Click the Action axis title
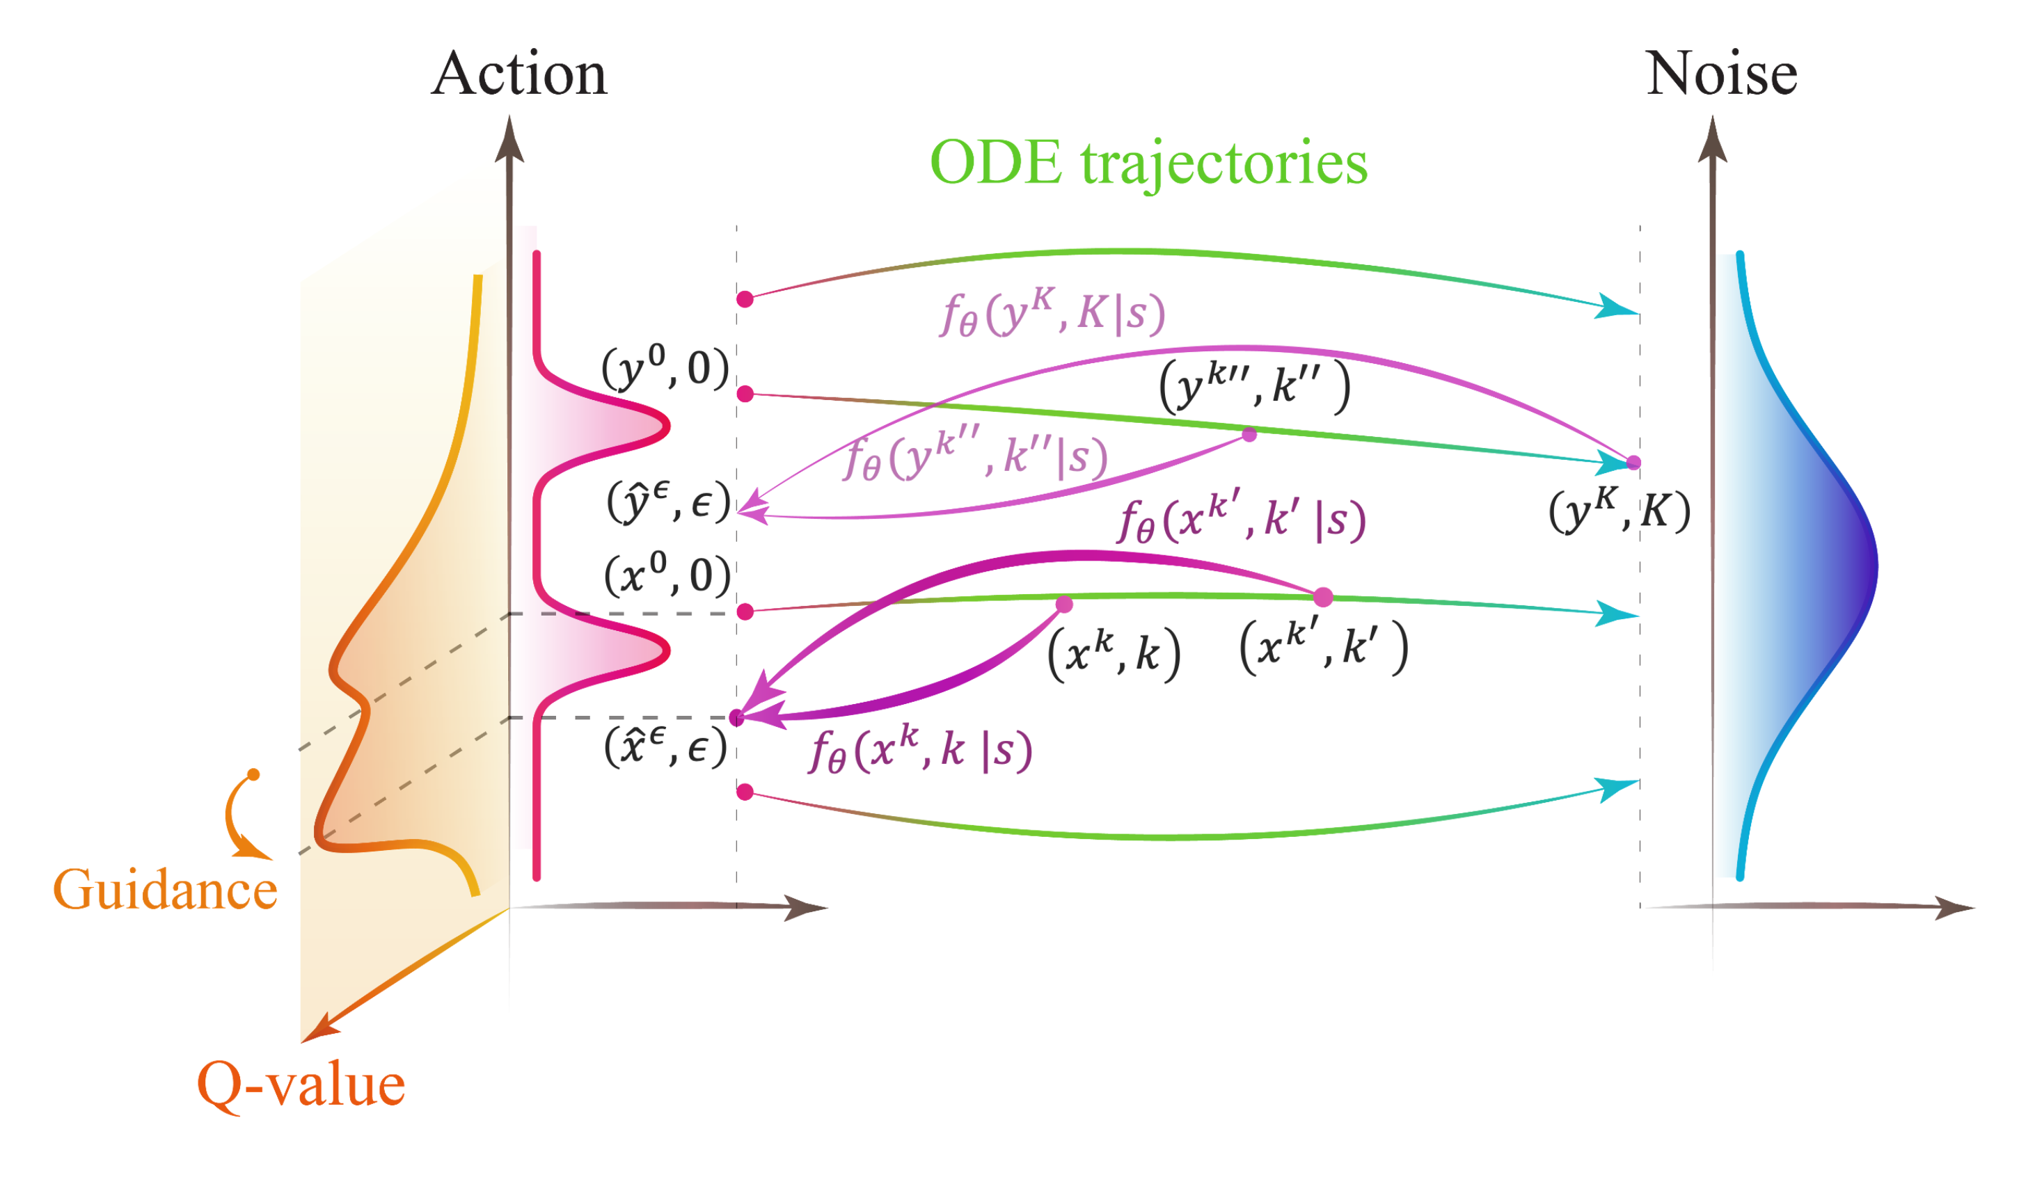click(518, 74)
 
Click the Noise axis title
click(1722, 74)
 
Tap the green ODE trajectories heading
click(1149, 163)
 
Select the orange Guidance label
click(166, 890)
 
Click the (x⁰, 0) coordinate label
click(667, 576)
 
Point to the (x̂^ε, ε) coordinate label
click(666, 747)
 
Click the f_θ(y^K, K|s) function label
click(1052, 312)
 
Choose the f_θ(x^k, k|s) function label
click(921, 750)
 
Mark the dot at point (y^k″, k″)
click(1249, 435)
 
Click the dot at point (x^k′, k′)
click(1323, 598)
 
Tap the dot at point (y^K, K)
click(1633, 463)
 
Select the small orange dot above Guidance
click(253, 774)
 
